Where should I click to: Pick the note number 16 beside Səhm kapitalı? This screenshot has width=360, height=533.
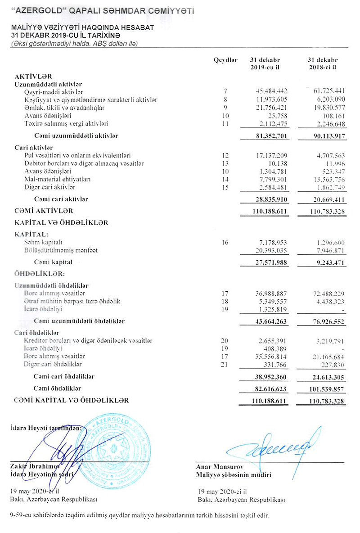[x=225, y=243]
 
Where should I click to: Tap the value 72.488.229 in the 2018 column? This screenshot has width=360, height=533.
[x=322, y=294]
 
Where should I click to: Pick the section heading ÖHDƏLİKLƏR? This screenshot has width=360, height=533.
[x=40, y=273]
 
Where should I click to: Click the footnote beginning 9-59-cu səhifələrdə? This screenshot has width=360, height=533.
[x=139, y=515]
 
